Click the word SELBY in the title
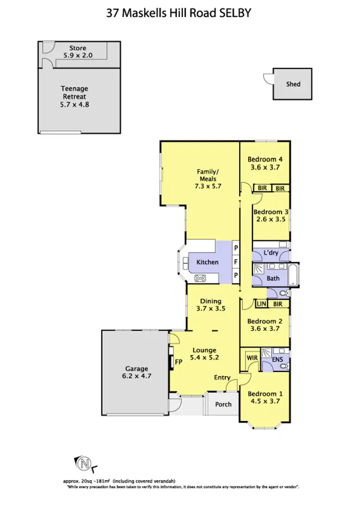(235, 14)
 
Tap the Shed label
(293, 84)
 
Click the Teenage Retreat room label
(74, 96)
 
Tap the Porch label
(223, 404)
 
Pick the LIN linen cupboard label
(261, 304)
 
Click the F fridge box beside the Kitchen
(236, 262)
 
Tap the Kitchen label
(207, 262)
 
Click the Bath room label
(273, 278)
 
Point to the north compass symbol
(84, 463)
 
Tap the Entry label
(222, 378)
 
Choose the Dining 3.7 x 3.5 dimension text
(211, 310)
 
